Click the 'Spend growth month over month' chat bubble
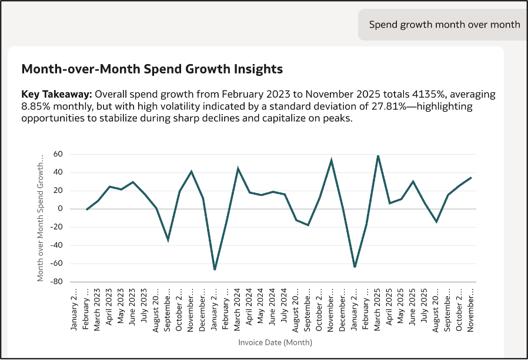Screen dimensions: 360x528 point(445,25)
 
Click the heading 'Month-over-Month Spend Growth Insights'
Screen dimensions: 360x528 point(152,69)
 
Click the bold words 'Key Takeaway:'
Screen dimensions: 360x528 point(56,94)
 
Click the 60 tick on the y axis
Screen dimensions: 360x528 point(58,154)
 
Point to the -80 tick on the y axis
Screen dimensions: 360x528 point(56,282)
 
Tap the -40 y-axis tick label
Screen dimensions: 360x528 point(56,245)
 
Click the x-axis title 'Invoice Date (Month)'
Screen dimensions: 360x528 point(275,342)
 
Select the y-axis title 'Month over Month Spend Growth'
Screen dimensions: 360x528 point(40,218)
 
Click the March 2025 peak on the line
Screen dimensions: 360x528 point(378,155)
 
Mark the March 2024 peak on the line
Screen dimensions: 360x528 point(238,168)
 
